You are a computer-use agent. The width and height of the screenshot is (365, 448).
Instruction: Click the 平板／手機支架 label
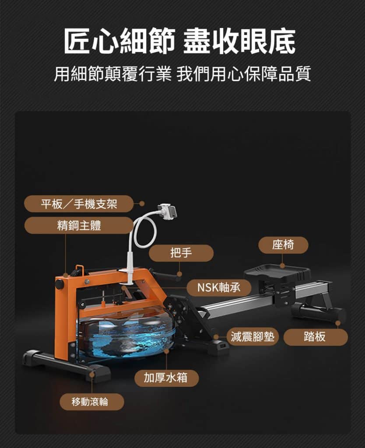pyautogui.click(x=79, y=204)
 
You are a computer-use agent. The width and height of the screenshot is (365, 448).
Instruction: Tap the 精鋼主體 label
pyautogui.click(x=79, y=225)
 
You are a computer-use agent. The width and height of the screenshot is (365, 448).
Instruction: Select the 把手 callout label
pyautogui.click(x=181, y=253)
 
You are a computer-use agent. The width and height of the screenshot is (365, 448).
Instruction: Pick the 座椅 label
pyautogui.click(x=283, y=245)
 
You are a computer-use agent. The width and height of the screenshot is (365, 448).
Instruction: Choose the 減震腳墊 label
pyautogui.click(x=253, y=337)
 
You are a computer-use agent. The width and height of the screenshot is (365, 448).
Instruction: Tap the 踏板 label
pyautogui.click(x=315, y=337)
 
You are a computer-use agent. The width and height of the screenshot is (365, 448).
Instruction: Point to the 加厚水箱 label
pyautogui.click(x=166, y=378)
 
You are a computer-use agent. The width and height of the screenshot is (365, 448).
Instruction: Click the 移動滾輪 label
pyautogui.click(x=91, y=402)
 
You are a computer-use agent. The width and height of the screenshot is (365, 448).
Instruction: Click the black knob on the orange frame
pyautogui.click(x=60, y=284)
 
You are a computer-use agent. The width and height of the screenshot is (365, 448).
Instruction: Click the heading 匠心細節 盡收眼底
pyautogui.click(x=179, y=41)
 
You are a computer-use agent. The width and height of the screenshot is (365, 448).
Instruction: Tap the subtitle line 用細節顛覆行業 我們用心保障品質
pyautogui.click(x=182, y=73)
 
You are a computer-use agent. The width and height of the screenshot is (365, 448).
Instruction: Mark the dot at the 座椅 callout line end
pyautogui.click(x=282, y=266)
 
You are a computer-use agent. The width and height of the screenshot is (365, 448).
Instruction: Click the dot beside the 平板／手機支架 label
pyautogui.click(x=142, y=204)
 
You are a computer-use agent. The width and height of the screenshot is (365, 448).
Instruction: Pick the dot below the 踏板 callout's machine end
pyautogui.click(x=338, y=323)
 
